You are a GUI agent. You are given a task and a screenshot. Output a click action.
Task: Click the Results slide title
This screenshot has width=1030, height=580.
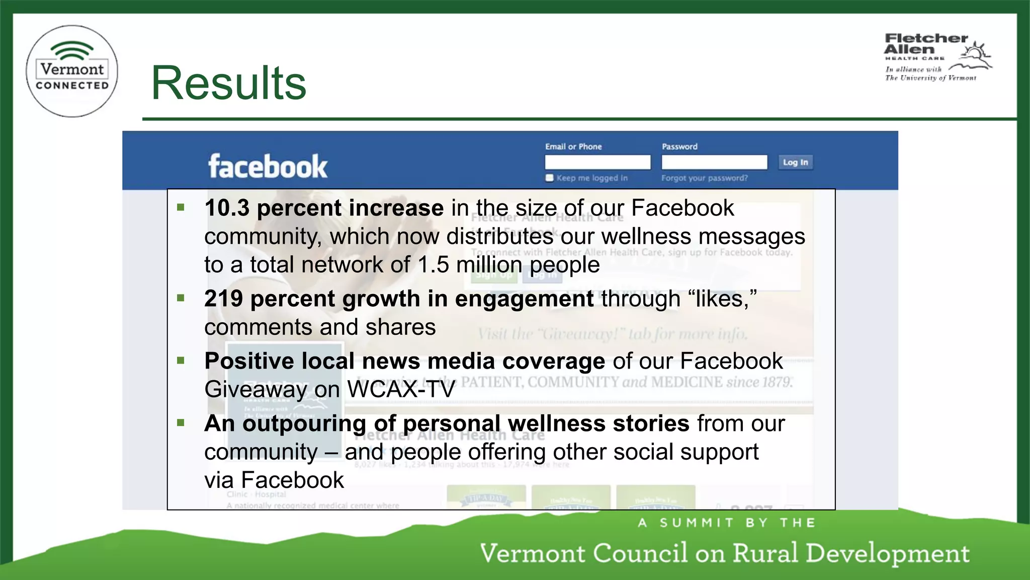click(229, 83)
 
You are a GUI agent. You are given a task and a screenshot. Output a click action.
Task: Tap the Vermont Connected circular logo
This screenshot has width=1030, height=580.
click(72, 71)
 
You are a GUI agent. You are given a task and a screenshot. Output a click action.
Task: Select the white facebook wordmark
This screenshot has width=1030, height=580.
click(268, 166)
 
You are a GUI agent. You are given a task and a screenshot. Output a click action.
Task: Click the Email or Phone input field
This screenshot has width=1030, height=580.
click(597, 162)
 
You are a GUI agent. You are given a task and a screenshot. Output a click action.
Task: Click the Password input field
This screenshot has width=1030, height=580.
click(714, 162)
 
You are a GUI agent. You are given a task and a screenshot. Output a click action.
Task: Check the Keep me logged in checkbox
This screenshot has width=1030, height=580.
click(550, 178)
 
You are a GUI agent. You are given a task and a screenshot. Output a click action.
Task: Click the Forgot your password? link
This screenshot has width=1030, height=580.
click(704, 178)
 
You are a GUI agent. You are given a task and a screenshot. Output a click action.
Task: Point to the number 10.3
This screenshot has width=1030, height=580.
click(227, 208)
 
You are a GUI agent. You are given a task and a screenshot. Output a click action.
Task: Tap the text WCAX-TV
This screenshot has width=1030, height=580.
click(401, 389)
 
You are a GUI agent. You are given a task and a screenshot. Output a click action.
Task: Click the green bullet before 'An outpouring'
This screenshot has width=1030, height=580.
click(181, 423)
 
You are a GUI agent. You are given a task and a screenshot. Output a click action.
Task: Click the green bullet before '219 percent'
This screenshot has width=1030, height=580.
click(181, 298)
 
